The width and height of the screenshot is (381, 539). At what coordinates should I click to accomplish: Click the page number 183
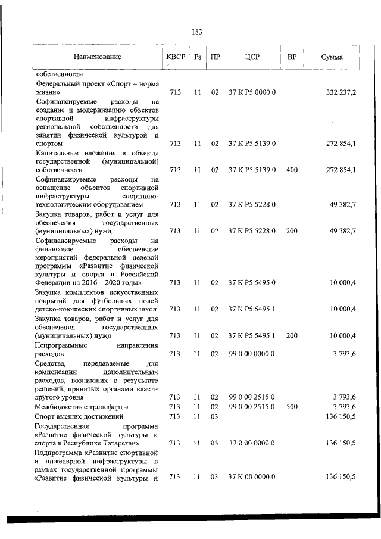(x=197, y=32)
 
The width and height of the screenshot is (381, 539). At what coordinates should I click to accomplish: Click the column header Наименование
(x=98, y=57)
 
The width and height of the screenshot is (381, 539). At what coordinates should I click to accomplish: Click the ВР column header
(x=292, y=57)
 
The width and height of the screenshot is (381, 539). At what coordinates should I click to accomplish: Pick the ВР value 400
(x=292, y=170)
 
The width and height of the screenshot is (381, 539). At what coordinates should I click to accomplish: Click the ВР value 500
(x=292, y=407)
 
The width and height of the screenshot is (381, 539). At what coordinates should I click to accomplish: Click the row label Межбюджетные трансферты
(x=73, y=407)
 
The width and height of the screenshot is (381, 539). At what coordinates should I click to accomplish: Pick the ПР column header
(x=215, y=57)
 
